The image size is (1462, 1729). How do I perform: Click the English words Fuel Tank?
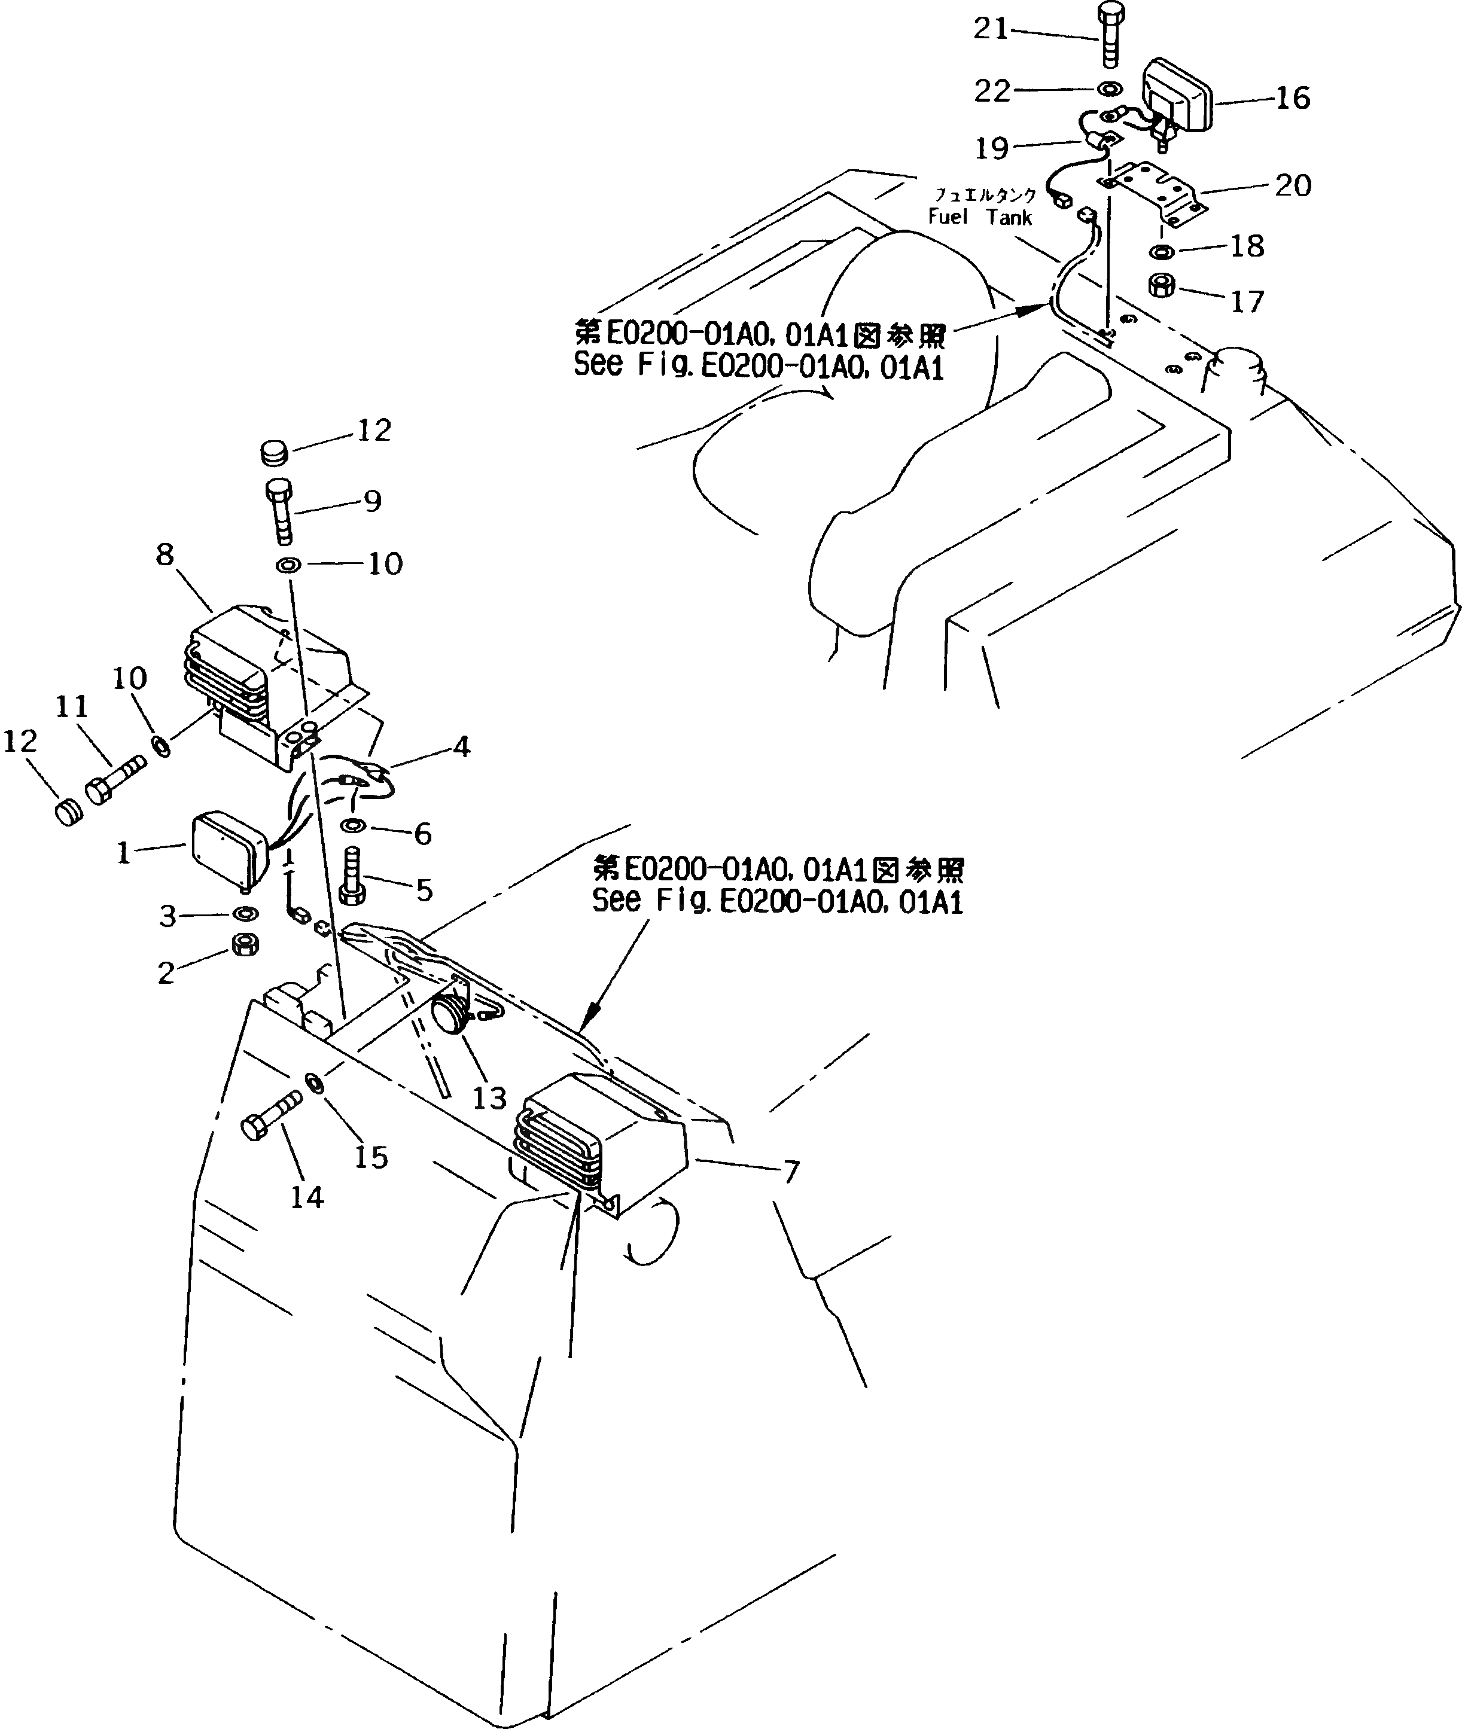980,218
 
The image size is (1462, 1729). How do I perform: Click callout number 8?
165,554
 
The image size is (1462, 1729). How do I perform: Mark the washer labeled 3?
245,913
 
